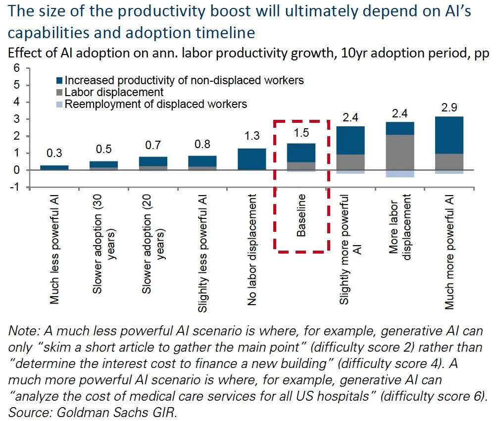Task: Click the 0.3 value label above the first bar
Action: [54, 153]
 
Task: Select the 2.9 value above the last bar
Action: [449, 107]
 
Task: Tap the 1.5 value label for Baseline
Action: [301, 133]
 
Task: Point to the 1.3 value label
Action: [252, 136]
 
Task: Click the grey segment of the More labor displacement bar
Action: [400, 152]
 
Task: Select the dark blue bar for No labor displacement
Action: [252, 159]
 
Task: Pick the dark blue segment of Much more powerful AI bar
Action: [449, 135]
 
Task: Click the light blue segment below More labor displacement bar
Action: [400, 173]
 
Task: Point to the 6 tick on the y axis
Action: [16, 68]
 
